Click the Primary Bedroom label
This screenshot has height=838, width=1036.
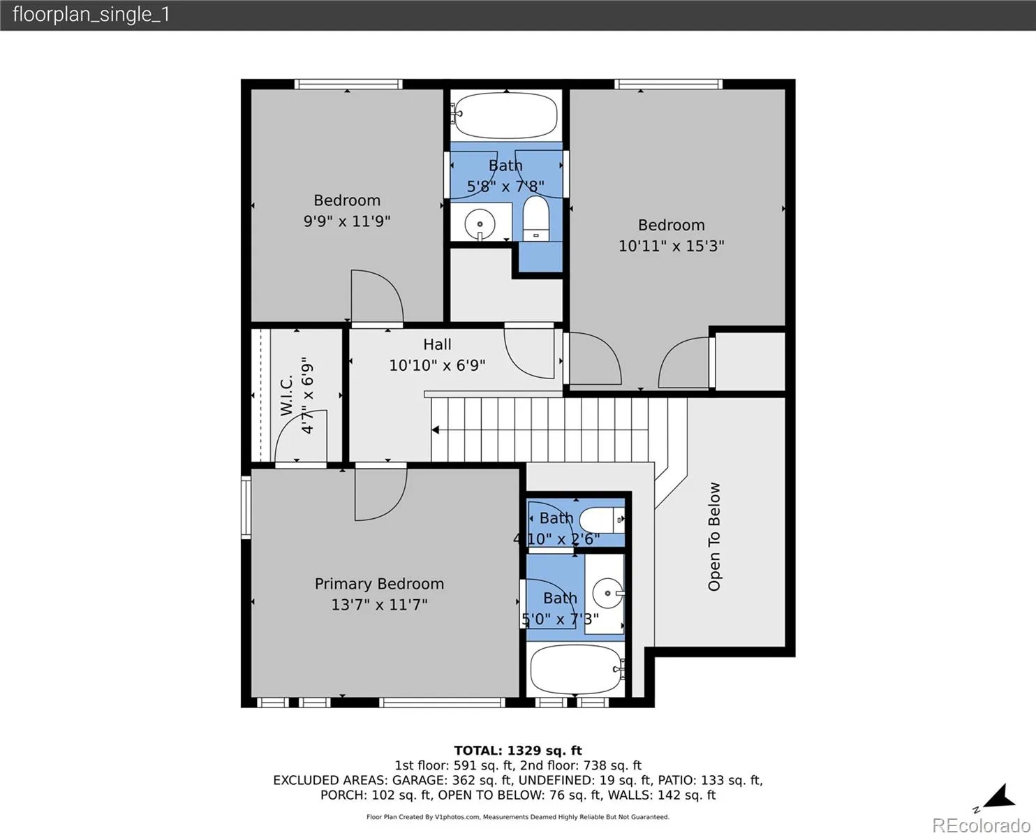coord(379,584)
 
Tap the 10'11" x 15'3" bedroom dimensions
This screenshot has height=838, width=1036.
coord(671,246)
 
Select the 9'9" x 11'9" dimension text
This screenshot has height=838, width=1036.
coord(347,221)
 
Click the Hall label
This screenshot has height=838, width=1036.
coord(437,344)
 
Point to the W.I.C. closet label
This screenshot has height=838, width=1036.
coord(286,395)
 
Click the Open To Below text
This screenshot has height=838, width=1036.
coord(714,537)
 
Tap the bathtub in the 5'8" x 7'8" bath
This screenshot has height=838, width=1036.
coord(506,116)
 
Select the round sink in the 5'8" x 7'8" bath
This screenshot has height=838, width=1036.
coord(480,224)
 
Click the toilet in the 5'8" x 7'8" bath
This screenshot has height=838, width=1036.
coord(536,219)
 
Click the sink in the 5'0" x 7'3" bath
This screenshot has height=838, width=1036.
coord(608,594)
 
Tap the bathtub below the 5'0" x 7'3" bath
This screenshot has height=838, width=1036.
coord(577,669)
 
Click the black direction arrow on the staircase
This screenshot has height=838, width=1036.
coord(436,430)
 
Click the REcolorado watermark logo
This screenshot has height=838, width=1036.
coord(982,825)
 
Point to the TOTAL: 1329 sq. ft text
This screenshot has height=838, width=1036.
coord(518,751)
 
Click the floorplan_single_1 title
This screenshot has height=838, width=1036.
coord(91,15)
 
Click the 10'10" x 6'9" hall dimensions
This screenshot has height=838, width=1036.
coord(437,365)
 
